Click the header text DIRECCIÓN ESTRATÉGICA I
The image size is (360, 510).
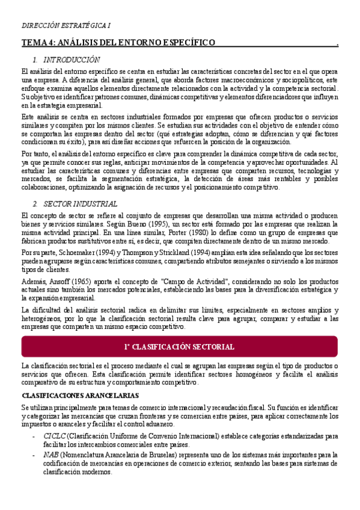[66, 26]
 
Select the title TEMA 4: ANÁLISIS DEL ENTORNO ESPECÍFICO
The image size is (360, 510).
[118, 43]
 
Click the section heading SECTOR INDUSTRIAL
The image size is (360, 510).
[75, 204]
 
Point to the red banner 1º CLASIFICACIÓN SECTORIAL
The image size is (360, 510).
[180, 348]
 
